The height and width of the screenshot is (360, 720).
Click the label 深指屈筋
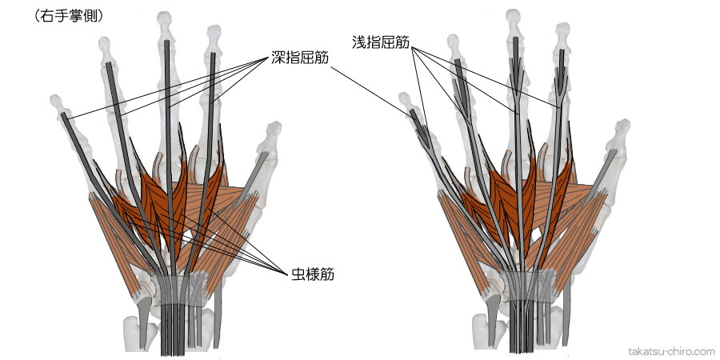[298, 58]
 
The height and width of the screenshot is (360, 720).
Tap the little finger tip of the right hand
[407, 101]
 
